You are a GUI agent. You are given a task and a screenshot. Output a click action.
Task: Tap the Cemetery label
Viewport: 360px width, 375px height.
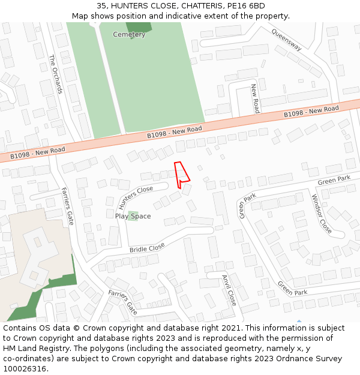(129, 35)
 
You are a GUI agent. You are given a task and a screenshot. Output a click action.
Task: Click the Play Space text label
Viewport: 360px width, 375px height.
(133, 217)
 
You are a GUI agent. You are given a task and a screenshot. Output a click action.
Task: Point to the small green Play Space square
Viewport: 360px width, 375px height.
(132, 215)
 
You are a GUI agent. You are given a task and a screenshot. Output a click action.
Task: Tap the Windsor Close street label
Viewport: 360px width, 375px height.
(322, 214)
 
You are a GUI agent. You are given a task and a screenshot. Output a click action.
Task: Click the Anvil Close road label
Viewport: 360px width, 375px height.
(229, 290)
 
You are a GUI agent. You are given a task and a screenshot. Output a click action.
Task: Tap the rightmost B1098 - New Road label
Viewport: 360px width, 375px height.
(311, 112)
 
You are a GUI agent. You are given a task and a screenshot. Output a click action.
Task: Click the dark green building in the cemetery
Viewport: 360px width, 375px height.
(139, 27)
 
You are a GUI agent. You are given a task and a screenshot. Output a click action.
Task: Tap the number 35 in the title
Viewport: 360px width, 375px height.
(101, 5)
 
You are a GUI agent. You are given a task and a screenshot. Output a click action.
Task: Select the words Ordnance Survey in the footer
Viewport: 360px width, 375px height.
(312, 359)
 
